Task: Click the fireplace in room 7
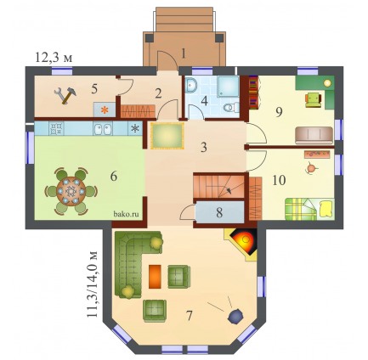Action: pyautogui.click(x=242, y=244)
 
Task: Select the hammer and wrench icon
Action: pyautogui.click(x=65, y=95)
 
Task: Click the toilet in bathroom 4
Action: pyautogui.click(x=231, y=108)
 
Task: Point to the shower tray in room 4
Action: pyautogui.click(x=229, y=86)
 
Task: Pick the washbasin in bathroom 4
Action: pyautogui.click(x=192, y=84)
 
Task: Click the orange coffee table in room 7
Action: pyautogui.click(x=155, y=277)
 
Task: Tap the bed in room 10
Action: pyautogui.click(x=309, y=209)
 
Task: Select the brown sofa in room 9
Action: pyautogui.click(x=314, y=135)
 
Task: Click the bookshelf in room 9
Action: pyautogui.click(x=253, y=93)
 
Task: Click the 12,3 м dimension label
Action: pyautogui.click(x=54, y=58)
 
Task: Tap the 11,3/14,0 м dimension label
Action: pyautogui.click(x=93, y=284)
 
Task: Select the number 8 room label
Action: pyautogui.click(x=219, y=212)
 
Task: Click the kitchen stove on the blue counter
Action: pyautogui.click(x=56, y=129)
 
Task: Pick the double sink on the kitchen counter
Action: pyautogui.click(x=103, y=129)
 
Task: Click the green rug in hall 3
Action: pyautogui.click(x=167, y=136)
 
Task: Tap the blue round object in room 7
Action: pyautogui.click(x=235, y=316)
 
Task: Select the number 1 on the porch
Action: pyautogui.click(x=184, y=53)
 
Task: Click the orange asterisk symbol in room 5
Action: pyautogui.click(x=105, y=110)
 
